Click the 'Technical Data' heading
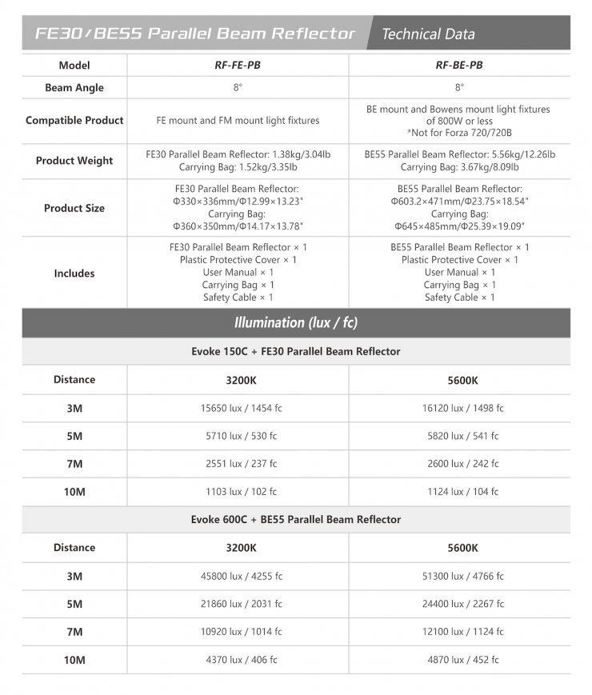[x=428, y=34]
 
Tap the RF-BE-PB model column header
[x=459, y=65]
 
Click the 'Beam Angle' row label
[x=74, y=88]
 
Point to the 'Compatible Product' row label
[x=74, y=120]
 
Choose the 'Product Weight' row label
[x=74, y=161]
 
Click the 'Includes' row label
[x=74, y=273]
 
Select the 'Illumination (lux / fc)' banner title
[x=296, y=323]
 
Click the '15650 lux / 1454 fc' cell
[x=241, y=408]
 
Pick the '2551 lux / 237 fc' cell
[x=241, y=464]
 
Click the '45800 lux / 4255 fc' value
[x=241, y=576]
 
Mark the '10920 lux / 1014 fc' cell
[x=241, y=632]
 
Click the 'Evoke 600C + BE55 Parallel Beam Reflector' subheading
[x=296, y=520]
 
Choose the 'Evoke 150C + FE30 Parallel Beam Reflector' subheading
[x=296, y=352]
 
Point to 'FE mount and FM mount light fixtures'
[x=238, y=121]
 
